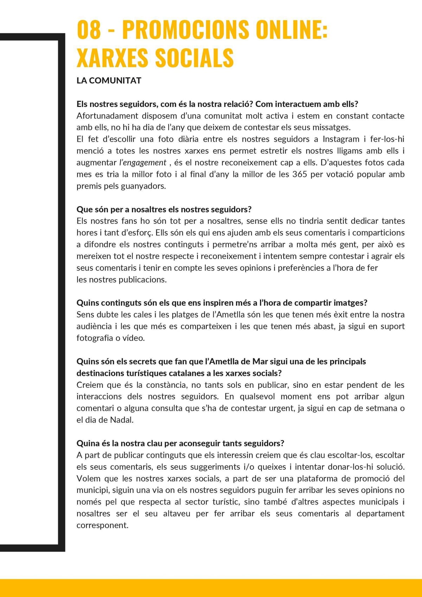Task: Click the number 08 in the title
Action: [x=89, y=30]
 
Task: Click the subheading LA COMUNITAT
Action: [x=109, y=81]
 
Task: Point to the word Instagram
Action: [x=341, y=139]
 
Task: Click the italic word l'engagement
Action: [x=142, y=163]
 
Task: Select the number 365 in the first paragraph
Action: [x=300, y=174]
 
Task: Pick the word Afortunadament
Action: [x=107, y=116]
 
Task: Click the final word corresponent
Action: [x=102, y=526]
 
